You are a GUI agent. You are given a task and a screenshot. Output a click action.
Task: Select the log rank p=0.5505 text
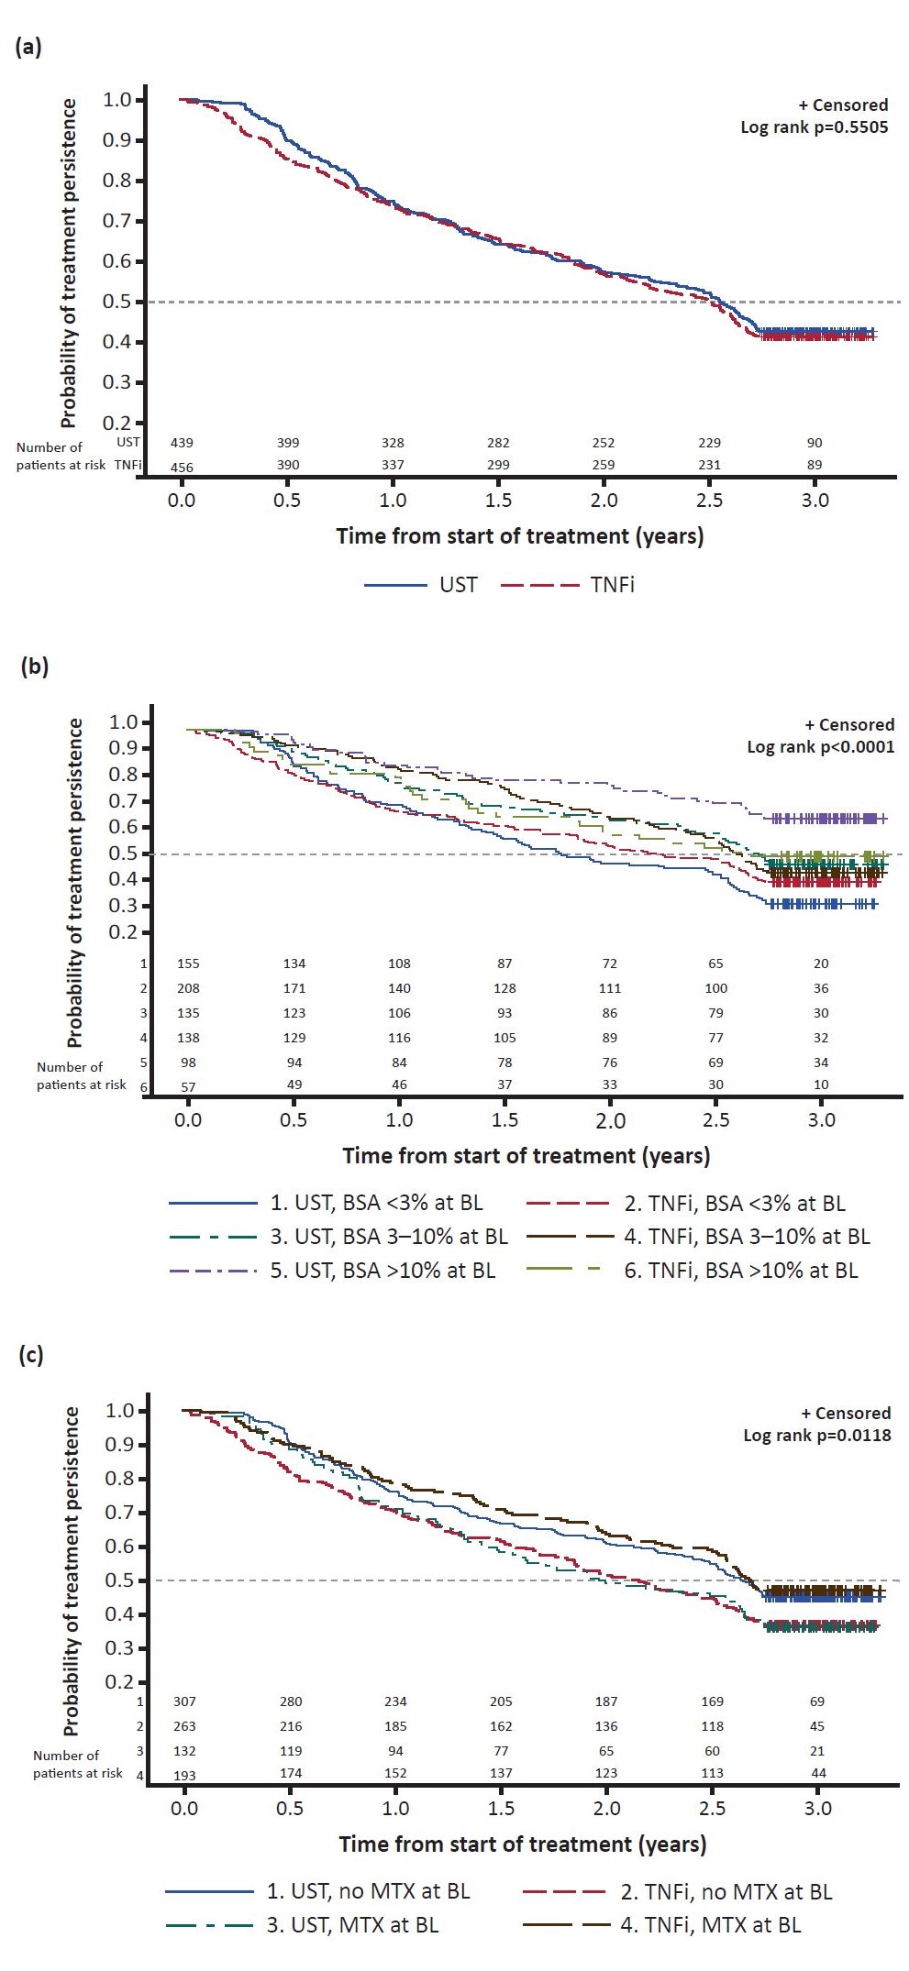coord(814,127)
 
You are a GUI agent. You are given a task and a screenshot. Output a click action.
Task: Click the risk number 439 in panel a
coord(182,443)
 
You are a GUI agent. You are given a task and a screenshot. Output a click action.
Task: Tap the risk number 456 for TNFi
coord(182,468)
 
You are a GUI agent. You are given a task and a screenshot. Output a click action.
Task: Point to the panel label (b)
coord(34,666)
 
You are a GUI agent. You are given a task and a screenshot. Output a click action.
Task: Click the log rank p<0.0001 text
coord(820,746)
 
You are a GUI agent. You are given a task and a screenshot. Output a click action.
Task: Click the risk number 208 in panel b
coord(188,988)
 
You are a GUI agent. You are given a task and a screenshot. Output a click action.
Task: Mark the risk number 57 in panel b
coord(188,1086)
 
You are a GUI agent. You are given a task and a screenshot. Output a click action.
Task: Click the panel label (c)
coord(31,1355)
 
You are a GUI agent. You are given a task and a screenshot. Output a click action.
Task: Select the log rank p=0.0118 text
coord(816,1435)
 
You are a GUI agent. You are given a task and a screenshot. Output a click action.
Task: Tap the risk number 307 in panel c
coord(184,1701)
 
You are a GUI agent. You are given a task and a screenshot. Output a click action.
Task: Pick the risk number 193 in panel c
coord(184,1776)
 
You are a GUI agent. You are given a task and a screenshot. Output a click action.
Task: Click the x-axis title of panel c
coord(522,1844)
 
